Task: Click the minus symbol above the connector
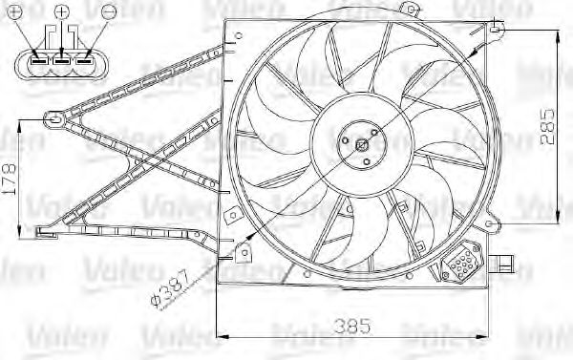click(x=109, y=12)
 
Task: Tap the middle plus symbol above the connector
click(x=62, y=12)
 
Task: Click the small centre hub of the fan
click(x=361, y=145)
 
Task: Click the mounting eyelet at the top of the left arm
click(x=54, y=119)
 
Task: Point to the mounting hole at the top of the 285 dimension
click(x=498, y=31)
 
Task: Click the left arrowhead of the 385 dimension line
click(x=223, y=333)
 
